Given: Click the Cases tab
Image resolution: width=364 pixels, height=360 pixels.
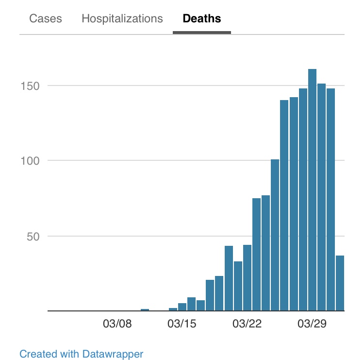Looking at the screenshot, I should [46, 19].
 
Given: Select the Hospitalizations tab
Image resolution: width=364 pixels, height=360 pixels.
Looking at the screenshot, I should [122, 19].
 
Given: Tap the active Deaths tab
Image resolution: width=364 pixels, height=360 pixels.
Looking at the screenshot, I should [201, 19].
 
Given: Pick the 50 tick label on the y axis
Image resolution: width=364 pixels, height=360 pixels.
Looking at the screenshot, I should [31, 236].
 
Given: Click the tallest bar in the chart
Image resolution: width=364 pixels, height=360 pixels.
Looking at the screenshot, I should [312, 189].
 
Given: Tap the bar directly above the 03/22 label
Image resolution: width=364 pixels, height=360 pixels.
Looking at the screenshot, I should [247, 277].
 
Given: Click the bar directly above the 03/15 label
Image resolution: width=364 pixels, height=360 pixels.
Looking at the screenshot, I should [182, 307].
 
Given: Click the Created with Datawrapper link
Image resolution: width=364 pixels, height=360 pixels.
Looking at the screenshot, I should [82, 354].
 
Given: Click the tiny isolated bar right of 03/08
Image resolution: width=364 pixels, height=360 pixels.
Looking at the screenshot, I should [145, 309].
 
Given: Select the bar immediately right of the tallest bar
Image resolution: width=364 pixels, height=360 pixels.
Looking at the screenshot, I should [321, 197].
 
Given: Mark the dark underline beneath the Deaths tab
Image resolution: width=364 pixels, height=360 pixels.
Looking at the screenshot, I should [201, 33].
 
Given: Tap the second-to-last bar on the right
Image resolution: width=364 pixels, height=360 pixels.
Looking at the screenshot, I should [331, 199].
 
